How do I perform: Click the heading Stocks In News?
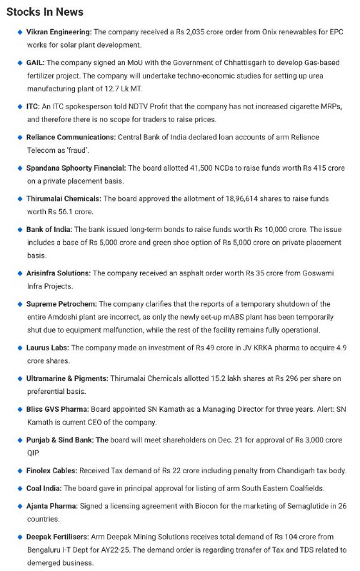44,12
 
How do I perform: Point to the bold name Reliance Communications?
76,136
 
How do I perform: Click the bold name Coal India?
45,487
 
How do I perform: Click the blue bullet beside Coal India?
19,488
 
